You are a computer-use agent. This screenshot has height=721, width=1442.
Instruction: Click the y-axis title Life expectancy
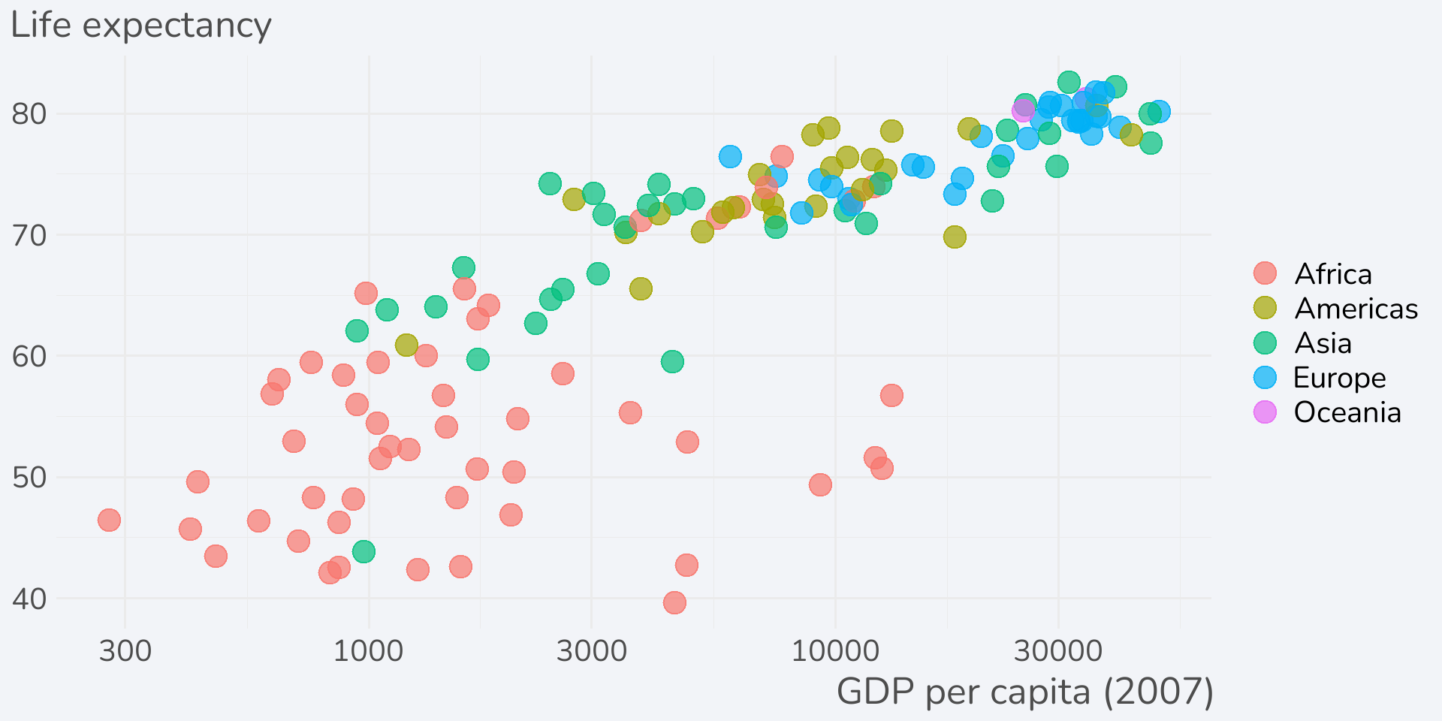pos(141,26)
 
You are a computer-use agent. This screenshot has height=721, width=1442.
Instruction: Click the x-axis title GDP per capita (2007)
pos(1024,692)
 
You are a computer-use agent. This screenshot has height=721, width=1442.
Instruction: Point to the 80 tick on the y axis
pos(29,114)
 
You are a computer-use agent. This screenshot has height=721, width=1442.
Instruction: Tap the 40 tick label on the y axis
pos(29,599)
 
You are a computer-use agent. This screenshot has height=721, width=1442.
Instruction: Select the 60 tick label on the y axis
pos(29,357)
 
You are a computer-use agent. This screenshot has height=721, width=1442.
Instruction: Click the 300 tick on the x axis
pos(125,650)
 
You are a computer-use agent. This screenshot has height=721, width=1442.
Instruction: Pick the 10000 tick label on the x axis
pos(835,650)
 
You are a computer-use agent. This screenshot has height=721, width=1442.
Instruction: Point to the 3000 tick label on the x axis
pos(591,650)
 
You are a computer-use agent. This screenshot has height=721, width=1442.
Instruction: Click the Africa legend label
pos(1333,274)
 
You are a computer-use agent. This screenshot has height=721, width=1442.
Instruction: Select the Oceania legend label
pos(1347,412)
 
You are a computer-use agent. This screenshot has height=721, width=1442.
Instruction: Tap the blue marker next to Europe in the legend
pos(1266,378)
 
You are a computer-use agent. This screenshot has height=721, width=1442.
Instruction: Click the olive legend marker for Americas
pos(1266,308)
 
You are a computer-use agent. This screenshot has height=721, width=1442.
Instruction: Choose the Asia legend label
pos(1323,343)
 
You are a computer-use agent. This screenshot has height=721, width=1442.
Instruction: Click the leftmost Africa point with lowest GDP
pos(109,520)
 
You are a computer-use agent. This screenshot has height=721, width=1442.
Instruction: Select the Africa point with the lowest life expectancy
pos(674,602)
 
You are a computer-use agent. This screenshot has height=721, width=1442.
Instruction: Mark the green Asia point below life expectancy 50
pos(364,552)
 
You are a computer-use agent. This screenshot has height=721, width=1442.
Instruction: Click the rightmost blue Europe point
pos(1159,111)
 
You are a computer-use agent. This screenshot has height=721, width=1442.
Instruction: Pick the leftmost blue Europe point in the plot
pos(730,156)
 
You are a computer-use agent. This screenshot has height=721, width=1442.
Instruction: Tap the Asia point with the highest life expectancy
pos(1069,83)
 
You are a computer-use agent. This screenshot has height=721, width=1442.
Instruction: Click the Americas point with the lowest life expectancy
pos(406,345)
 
